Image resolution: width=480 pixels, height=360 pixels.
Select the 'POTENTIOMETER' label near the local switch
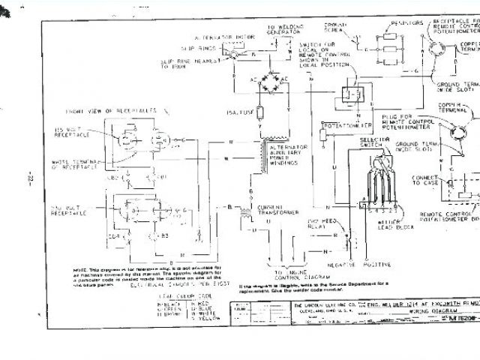(x=341, y=124)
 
